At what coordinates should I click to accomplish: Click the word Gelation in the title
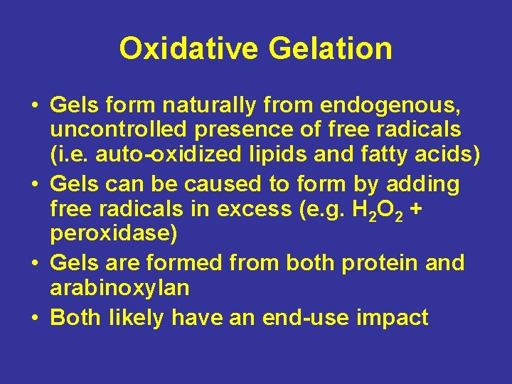(x=330, y=49)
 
